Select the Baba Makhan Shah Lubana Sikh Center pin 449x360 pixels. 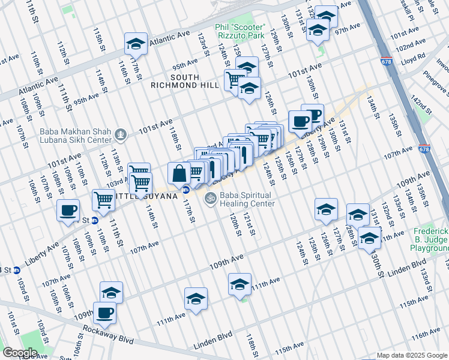click(121, 133)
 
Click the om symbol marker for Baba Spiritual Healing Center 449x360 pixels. click(210, 197)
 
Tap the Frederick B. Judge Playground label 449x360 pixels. click(431, 239)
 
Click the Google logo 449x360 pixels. click(20, 353)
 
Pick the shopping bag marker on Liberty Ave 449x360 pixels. click(179, 174)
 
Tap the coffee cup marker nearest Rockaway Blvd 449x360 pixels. click(104, 313)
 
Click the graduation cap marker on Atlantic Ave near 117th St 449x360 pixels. click(136, 44)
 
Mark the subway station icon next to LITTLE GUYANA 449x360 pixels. click(185, 190)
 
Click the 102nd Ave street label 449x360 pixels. click(410, 46)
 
